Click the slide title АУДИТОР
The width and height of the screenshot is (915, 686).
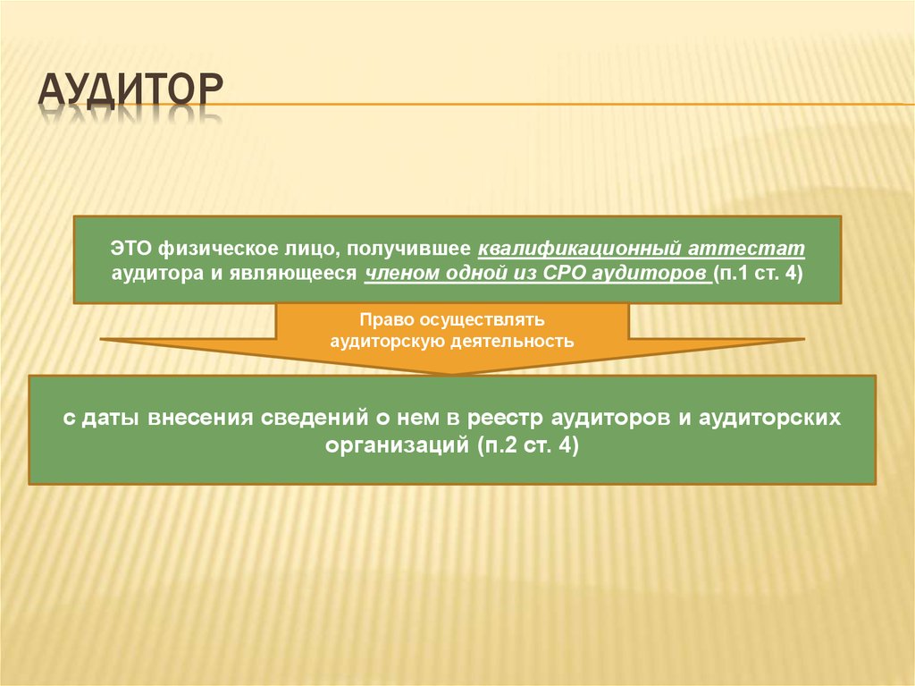click(130, 90)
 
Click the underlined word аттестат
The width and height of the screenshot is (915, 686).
click(746, 250)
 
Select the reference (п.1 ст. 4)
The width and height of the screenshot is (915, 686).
click(758, 274)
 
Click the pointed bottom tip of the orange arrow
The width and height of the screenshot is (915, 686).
click(452, 374)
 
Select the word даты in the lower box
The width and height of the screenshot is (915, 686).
click(110, 419)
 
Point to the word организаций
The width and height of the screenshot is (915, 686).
click(398, 446)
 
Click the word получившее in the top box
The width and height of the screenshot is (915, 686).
click(408, 250)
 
